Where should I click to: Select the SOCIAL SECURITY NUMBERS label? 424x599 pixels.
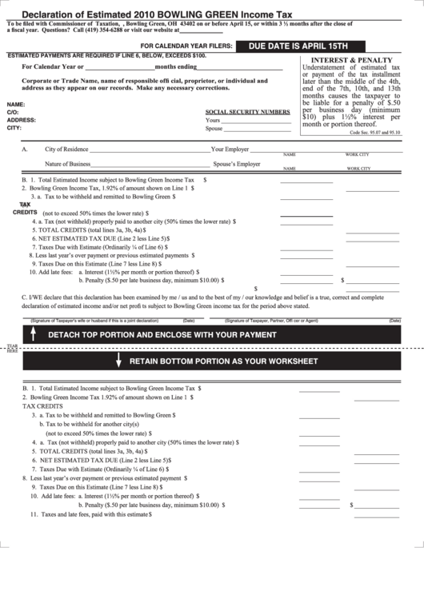[x=248, y=112]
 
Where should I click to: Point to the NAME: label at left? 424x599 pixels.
[x=15, y=105]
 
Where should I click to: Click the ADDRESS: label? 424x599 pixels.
[x=21, y=120]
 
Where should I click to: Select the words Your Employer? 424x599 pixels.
[x=230, y=150]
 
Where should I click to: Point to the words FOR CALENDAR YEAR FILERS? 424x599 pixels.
[x=193, y=47]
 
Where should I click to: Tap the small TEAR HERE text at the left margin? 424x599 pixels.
[x=11, y=349]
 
